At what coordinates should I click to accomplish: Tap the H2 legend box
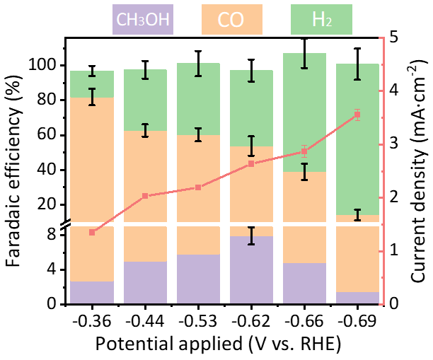click(x=321, y=19)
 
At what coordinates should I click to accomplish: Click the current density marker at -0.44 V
click(x=145, y=195)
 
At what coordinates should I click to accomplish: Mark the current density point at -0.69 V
click(x=357, y=115)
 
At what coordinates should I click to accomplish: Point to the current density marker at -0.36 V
click(x=92, y=232)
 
